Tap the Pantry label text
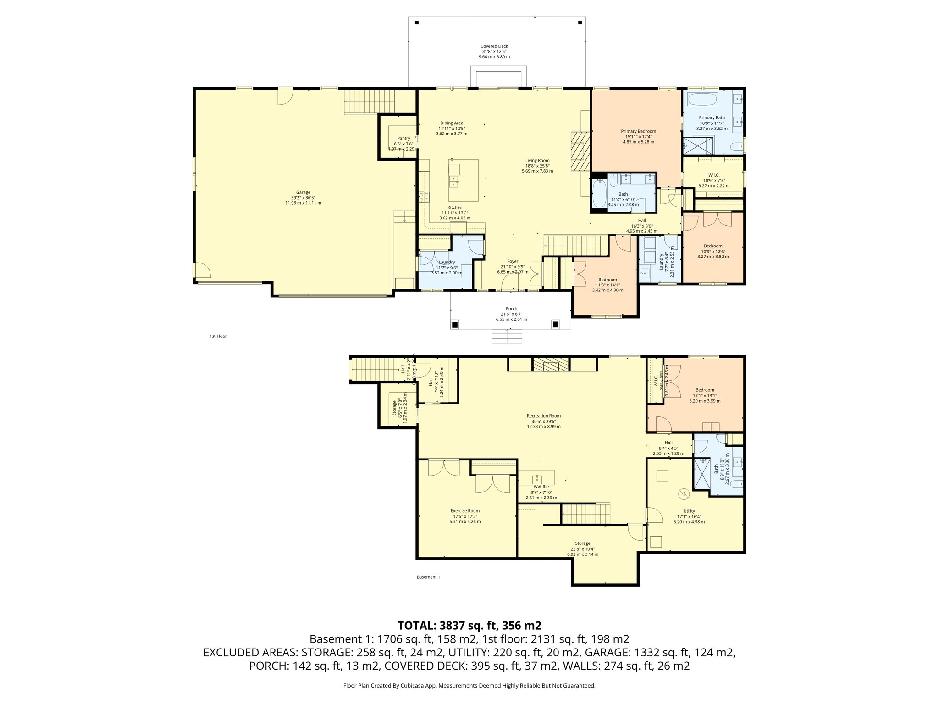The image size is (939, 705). pos(403,138)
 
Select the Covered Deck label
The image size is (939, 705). pos(494,46)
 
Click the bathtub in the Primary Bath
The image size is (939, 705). pos(702,100)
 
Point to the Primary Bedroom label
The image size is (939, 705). pos(638,131)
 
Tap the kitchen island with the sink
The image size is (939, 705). pos(463,180)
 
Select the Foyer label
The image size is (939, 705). pos(512,261)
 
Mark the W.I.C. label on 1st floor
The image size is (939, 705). pos(713,175)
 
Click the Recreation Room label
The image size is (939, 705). pos(543,416)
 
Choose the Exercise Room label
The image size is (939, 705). pos(465,511)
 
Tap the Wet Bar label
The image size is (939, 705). pos(541,487)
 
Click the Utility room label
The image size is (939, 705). pos(689,511)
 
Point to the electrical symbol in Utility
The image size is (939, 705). pos(684,493)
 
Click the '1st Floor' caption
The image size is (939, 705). pos(218,336)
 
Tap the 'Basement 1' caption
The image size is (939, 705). pos(428,577)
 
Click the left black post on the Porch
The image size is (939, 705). pos(454,325)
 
